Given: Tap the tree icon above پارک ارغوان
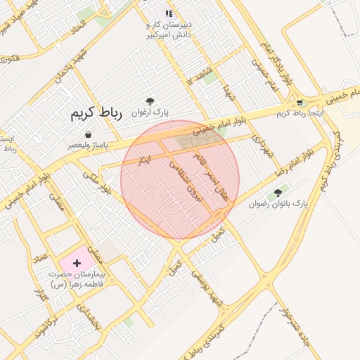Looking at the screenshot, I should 149,102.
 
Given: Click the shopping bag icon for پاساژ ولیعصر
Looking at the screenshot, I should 88,134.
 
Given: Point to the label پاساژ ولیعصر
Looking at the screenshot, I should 88,145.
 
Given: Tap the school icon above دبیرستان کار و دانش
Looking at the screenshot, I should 168,13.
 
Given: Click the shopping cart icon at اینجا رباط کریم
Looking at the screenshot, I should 300,103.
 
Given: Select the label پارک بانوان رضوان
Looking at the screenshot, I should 278,204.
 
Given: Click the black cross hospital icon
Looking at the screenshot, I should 77,262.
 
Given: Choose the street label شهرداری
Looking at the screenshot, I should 262,146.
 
